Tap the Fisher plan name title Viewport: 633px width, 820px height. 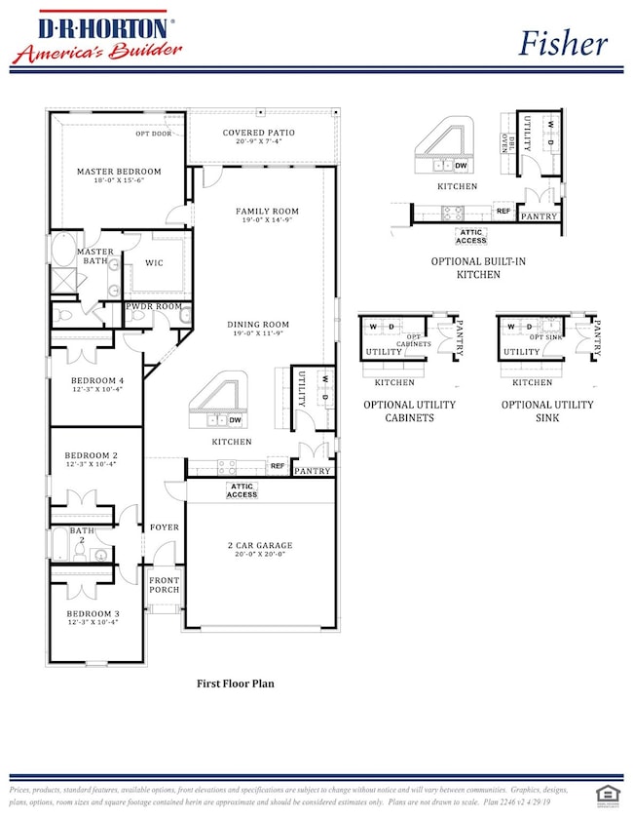pos(562,43)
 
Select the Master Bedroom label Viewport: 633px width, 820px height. pos(119,172)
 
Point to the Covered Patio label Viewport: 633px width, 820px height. pos(258,133)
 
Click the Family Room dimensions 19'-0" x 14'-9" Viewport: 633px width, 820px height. pos(267,221)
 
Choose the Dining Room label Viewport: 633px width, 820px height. pos(258,325)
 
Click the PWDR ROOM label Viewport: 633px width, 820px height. pos(154,307)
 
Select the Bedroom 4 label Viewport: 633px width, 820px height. pos(94,380)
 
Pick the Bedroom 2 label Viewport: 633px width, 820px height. pos(91,455)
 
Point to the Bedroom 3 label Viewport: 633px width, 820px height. pos(91,614)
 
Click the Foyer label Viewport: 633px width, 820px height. pos(165,527)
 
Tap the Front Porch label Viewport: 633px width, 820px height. pos(164,585)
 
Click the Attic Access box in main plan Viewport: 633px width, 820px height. pos(242,490)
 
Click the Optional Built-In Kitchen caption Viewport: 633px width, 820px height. pos(465,268)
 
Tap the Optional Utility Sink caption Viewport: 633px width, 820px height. pos(546,410)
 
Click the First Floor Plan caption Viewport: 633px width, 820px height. pos(236,683)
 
